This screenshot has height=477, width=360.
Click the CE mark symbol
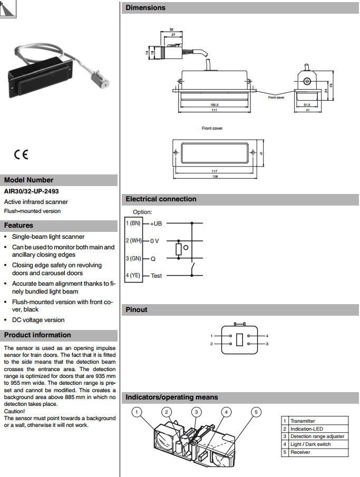(x=21, y=154)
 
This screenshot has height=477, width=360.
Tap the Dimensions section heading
(x=145, y=8)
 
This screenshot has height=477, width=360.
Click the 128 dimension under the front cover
(x=215, y=177)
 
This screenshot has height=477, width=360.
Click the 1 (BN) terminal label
(x=133, y=223)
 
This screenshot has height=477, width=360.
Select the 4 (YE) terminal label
(x=133, y=275)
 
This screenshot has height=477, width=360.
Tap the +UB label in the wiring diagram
(x=157, y=223)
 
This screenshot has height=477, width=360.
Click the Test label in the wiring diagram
(x=157, y=276)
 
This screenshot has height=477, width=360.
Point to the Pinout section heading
(x=137, y=310)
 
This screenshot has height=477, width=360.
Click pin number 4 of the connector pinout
(x=267, y=336)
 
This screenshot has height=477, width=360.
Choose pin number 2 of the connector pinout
(x=211, y=344)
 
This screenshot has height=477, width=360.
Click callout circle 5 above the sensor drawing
(x=256, y=412)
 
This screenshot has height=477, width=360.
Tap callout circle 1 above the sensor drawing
(x=137, y=412)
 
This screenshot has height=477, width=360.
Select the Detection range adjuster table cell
(x=317, y=436)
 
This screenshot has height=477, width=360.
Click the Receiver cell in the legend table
(x=300, y=452)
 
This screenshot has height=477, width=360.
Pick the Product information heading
(x=37, y=335)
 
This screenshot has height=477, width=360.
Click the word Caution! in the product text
(x=14, y=411)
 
